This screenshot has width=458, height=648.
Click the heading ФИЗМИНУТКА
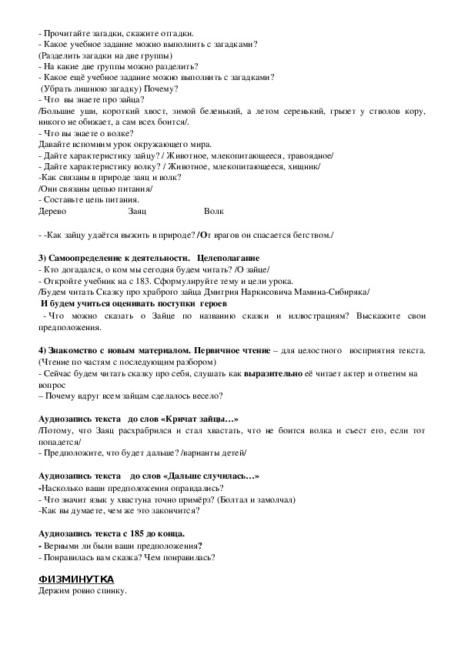(x=76, y=579)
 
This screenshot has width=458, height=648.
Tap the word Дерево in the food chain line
(x=52, y=211)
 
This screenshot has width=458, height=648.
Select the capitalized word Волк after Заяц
(x=214, y=211)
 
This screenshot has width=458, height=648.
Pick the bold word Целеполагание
(x=229, y=257)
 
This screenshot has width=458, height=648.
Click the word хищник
(x=313, y=166)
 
